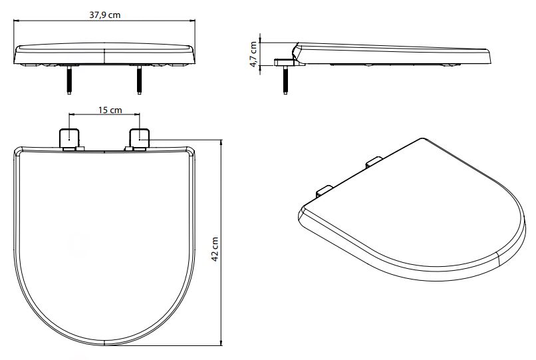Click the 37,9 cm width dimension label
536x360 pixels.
pyautogui.click(x=105, y=15)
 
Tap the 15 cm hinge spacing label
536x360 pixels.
pyautogui.click(x=110, y=110)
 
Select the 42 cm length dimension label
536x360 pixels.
pyautogui.click(x=215, y=249)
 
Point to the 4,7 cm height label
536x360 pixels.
pyautogui.click(x=253, y=55)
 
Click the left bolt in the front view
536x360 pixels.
pyautogui.click(x=69, y=80)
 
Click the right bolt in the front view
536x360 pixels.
pyautogui.click(x=139, y=80)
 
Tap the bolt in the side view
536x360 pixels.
pyautogui.click(x=285, y=80)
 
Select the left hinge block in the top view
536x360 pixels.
pyautogui.click(x=70, y=138)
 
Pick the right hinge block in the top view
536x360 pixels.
pyautogui.click(x=139, y=138)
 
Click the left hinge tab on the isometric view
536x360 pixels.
pyautogui.click(x=324, y=191)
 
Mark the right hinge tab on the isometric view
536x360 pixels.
pyautogui.click(x=374, y=162)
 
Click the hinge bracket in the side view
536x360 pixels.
pyautogui.click(x=285, y=63)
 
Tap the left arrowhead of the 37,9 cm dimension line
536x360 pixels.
pyautogui.click(x=16, y=21)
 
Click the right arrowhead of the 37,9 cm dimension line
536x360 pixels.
pyautogui.click(x=193, y=21)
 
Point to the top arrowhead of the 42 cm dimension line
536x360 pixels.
pyautogui.click(x=221, y=142)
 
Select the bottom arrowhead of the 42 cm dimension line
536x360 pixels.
pyautogui.click(x=221, y=343)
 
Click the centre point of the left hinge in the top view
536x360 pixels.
pyautogui.click(x=69, y=139)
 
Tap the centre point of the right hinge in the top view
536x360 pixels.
pyautogui.click(x=140, y=139)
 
